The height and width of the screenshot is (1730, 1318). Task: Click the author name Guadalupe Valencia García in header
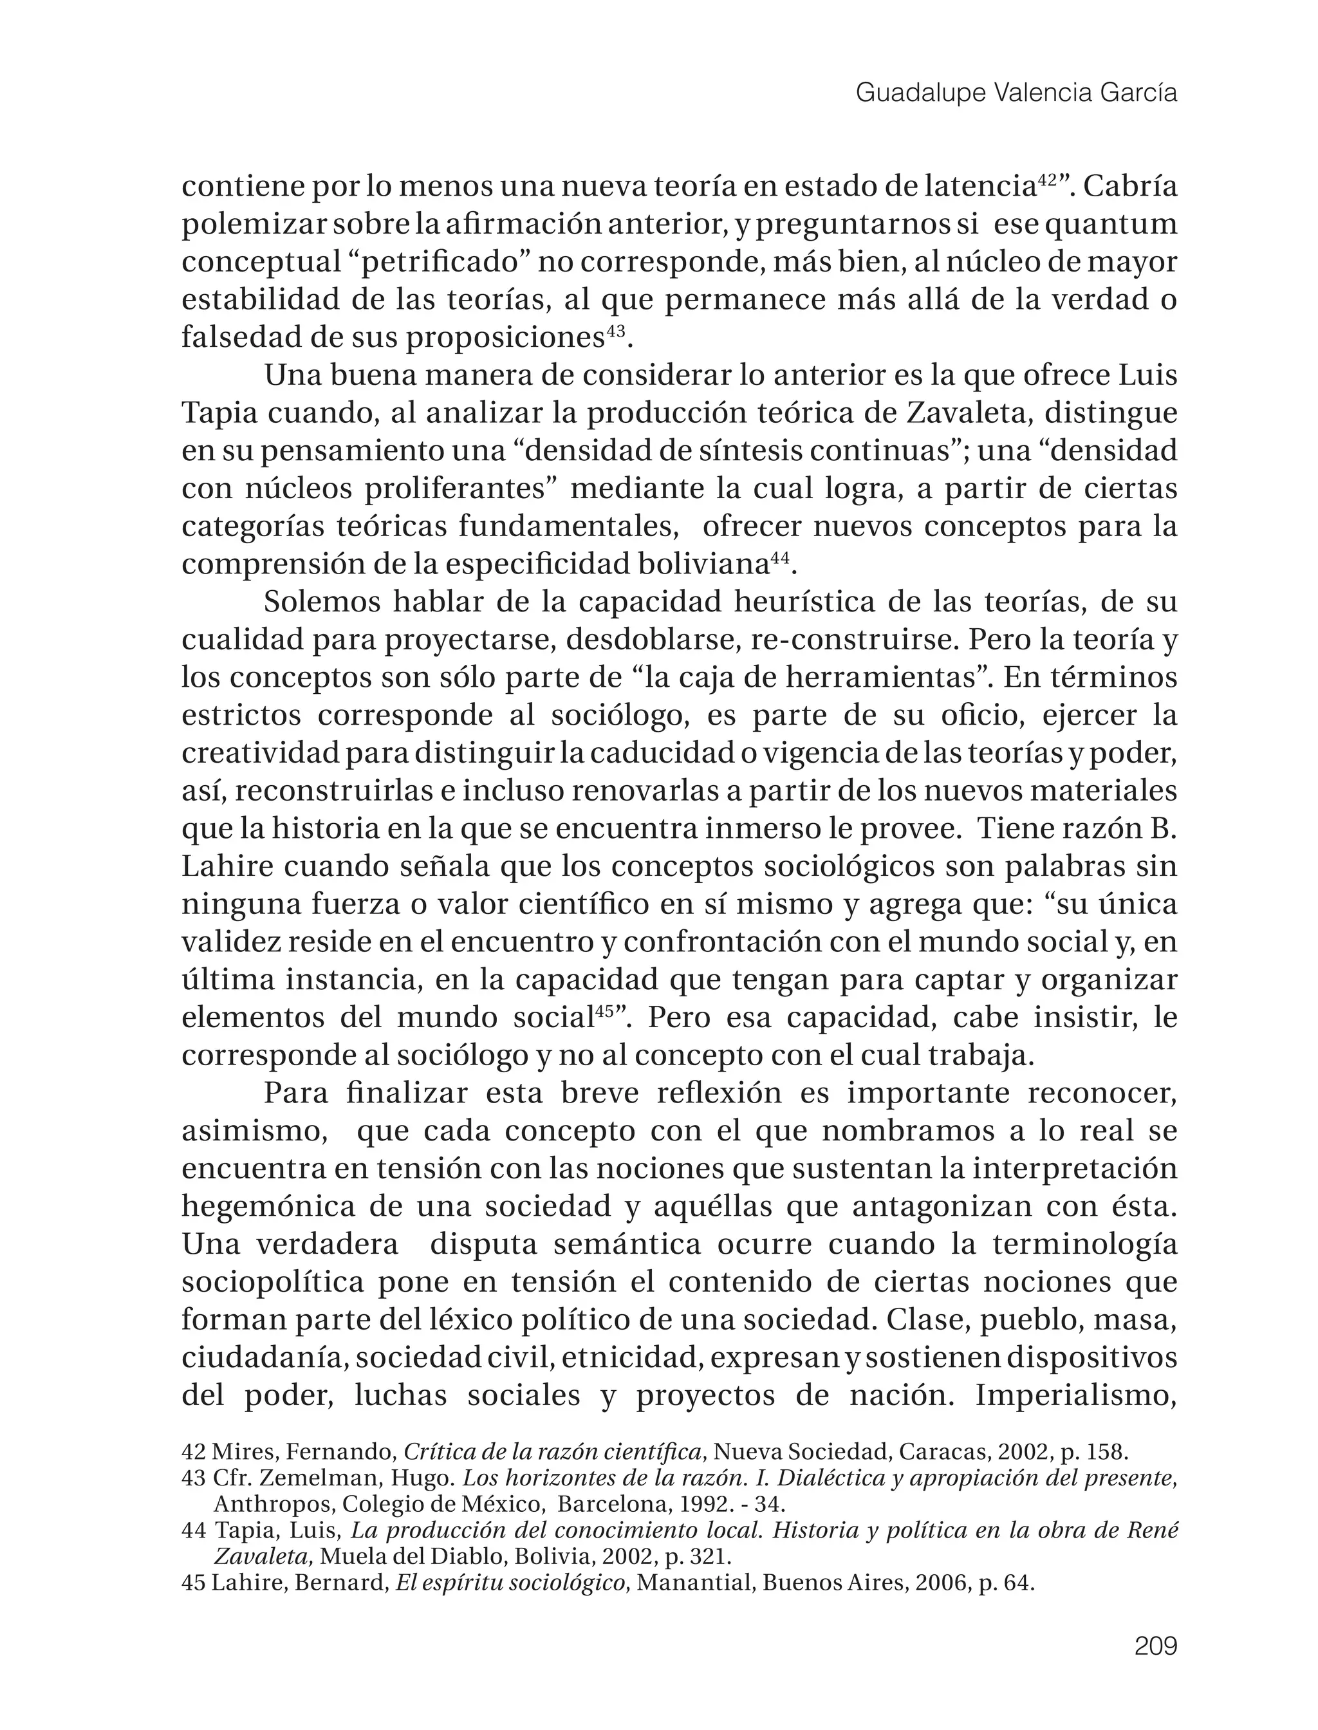(1016, 93)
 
